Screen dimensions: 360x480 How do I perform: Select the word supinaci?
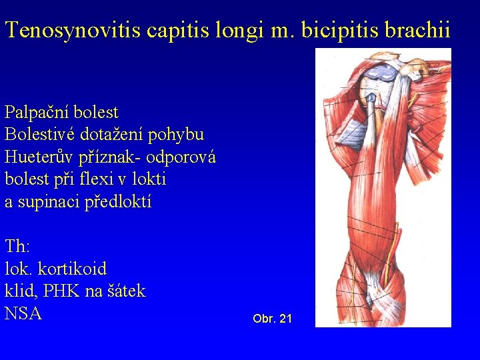coord(48,202)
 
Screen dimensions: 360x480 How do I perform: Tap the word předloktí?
coord(119,202)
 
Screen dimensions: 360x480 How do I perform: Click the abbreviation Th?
coord(17,247)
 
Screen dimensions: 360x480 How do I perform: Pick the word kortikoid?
coord(72,269)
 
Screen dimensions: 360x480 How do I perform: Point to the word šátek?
coord(125,291)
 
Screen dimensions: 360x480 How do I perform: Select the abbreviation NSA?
coord(23,313)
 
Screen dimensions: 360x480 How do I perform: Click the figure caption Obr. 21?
coord(272,319)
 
